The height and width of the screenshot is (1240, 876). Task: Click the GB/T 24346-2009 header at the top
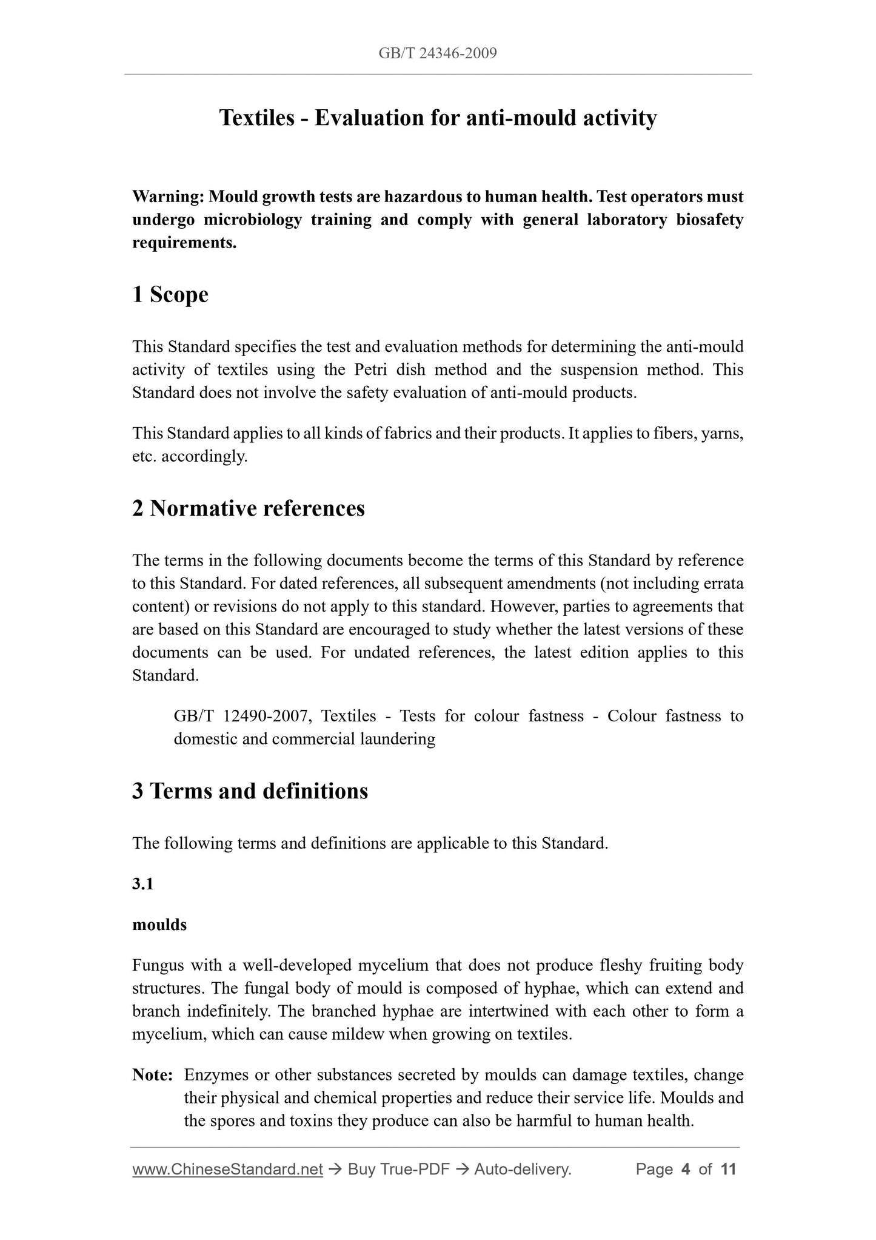coord(438,53)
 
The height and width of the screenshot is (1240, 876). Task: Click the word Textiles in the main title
coord(257,118)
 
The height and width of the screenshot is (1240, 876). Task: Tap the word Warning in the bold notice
coord(167,197)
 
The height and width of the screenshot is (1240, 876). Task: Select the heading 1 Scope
coord(170,295)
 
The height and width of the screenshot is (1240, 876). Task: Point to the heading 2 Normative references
coord(249,508)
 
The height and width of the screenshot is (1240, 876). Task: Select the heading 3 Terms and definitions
coord(250,791)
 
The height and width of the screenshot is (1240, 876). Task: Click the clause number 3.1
coord(142,884)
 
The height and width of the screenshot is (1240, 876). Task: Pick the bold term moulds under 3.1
coord(159,925)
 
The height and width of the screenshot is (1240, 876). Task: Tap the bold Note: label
coord(153,1075)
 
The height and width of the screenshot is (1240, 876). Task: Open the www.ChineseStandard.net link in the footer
coord(227,1169)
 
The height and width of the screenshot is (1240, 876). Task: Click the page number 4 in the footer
coord(686,1169)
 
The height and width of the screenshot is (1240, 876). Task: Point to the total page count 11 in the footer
coord(728,1169)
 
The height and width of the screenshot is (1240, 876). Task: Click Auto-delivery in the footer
coord(523,1169)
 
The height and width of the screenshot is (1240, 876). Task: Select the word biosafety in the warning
coord(710,220)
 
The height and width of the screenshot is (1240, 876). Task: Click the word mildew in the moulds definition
coord(358,1034)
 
